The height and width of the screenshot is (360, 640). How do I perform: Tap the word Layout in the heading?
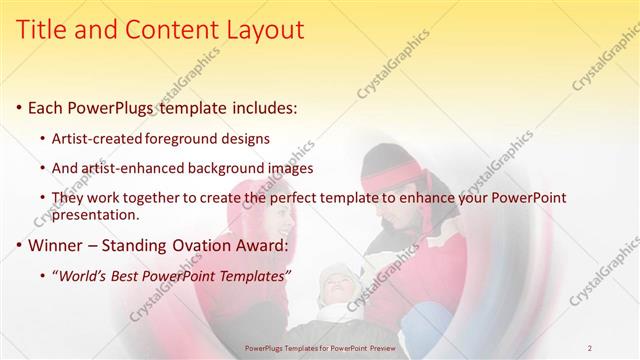click(261, 31)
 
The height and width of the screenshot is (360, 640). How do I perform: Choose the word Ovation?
click(203, 246)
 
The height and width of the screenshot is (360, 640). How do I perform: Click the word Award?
click(262, 246)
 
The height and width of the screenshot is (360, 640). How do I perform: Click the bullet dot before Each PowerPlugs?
click(20, 107)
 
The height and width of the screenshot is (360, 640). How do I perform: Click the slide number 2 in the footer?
click(590, 347)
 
